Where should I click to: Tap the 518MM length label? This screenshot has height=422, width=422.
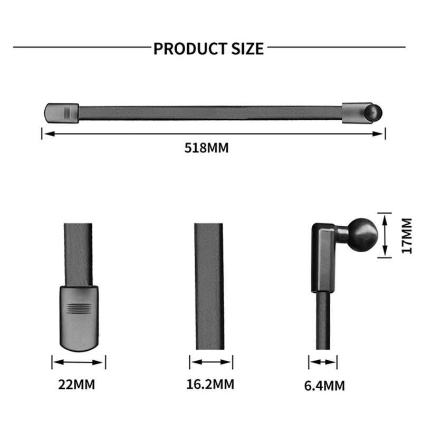point(206,148)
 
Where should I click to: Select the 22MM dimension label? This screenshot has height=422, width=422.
point(76,384)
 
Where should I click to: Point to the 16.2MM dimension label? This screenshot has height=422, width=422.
point(210,384)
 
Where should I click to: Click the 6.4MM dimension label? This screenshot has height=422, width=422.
point(324,386)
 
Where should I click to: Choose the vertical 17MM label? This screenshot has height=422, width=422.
point(406,236)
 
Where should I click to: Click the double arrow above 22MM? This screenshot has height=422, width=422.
point(79,362)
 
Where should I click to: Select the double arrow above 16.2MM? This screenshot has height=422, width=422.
point(211,362)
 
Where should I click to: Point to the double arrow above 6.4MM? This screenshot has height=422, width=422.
point(323,362)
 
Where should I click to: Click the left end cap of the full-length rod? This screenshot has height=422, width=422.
point(61,112)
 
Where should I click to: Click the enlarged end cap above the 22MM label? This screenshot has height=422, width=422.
point(79,316)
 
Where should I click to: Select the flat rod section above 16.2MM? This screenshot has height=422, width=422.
point(209,285)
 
